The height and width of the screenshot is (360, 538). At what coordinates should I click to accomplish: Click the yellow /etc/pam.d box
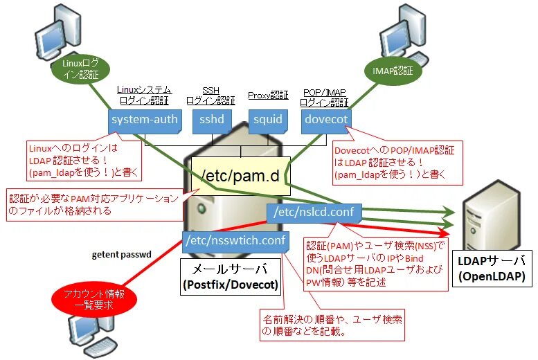[x=241, y=176]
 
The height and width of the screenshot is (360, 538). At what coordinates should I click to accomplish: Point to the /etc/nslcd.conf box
[x=314, y=213]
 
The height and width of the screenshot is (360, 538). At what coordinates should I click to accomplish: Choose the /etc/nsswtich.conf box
[x=235, y=242]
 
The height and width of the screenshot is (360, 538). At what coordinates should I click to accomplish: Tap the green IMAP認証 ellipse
[x=393, y=71]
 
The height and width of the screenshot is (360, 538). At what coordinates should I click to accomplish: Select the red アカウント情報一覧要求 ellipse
[x=94, y=300]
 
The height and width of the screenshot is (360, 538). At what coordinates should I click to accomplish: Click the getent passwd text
[x=121, y=255]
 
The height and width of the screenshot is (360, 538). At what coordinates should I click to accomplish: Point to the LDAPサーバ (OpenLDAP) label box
[x=492, y=269]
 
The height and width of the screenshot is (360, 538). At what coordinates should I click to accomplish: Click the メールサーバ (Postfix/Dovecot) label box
[x=231, y=277]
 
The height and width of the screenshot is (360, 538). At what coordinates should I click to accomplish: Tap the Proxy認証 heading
[x=268, y=96]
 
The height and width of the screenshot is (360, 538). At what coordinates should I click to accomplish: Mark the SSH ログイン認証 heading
[x=210, y=96]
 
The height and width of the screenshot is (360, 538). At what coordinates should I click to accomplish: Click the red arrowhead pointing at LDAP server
[x=444, y=233]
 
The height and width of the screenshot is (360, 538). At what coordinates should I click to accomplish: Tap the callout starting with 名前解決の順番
[x=332, y=325]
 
